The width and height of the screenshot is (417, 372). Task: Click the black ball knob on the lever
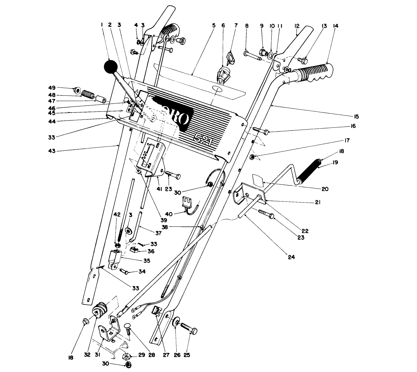[x=111, y=67]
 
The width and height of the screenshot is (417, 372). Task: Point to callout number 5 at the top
[x=214, y=26]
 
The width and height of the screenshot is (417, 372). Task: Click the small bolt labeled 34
[x=125, y=271]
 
